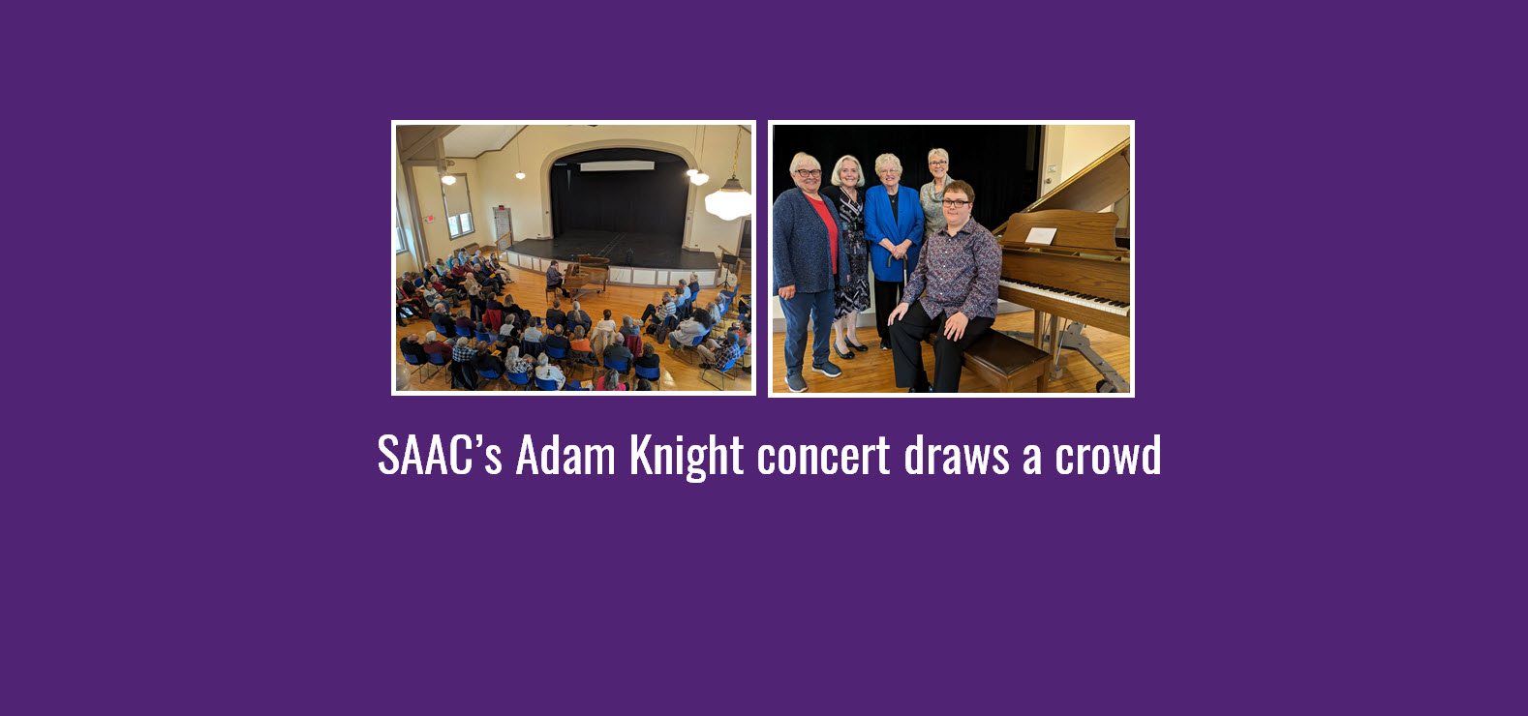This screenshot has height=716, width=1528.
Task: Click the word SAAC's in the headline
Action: click(439, 456)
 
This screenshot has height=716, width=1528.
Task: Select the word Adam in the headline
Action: click(565, 456)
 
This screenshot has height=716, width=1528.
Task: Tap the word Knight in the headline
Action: click(687, 456)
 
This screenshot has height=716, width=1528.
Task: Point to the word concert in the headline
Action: click(823, 456)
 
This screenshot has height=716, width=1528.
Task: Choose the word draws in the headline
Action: click(957, 456)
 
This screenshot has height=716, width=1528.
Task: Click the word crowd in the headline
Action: click(1108, 456)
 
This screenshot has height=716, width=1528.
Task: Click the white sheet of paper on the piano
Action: click(1040, 235)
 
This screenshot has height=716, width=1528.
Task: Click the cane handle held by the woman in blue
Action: click(895, 257)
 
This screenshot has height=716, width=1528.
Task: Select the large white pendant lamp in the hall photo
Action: click(728, 202)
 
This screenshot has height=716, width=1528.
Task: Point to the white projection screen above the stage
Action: click(616, 165)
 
